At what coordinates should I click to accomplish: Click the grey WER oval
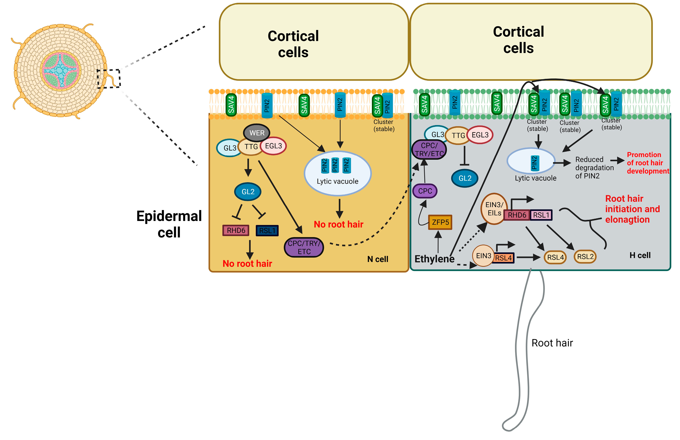tap(257, 133)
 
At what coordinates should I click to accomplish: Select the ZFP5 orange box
tap(440, 222)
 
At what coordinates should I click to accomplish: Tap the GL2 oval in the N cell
tap(248, 192)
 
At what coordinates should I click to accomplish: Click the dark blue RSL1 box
tap(267, 230)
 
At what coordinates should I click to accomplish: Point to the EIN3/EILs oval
tap(494, 209)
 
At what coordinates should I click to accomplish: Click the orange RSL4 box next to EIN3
tap(503, 258)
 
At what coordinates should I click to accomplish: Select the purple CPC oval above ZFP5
tap(425, 191)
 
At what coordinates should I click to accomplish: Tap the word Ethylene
tap(434, 259)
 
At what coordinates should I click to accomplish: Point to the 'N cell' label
tap(377, 259)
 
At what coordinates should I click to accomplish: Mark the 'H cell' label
tap(640, 255)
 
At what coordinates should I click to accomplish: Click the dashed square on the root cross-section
tap(109, 78)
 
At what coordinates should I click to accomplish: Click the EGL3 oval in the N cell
tap(273, 146)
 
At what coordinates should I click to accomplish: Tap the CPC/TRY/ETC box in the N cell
tap(304, 247)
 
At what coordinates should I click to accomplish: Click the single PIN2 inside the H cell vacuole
tap(534, 163)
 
